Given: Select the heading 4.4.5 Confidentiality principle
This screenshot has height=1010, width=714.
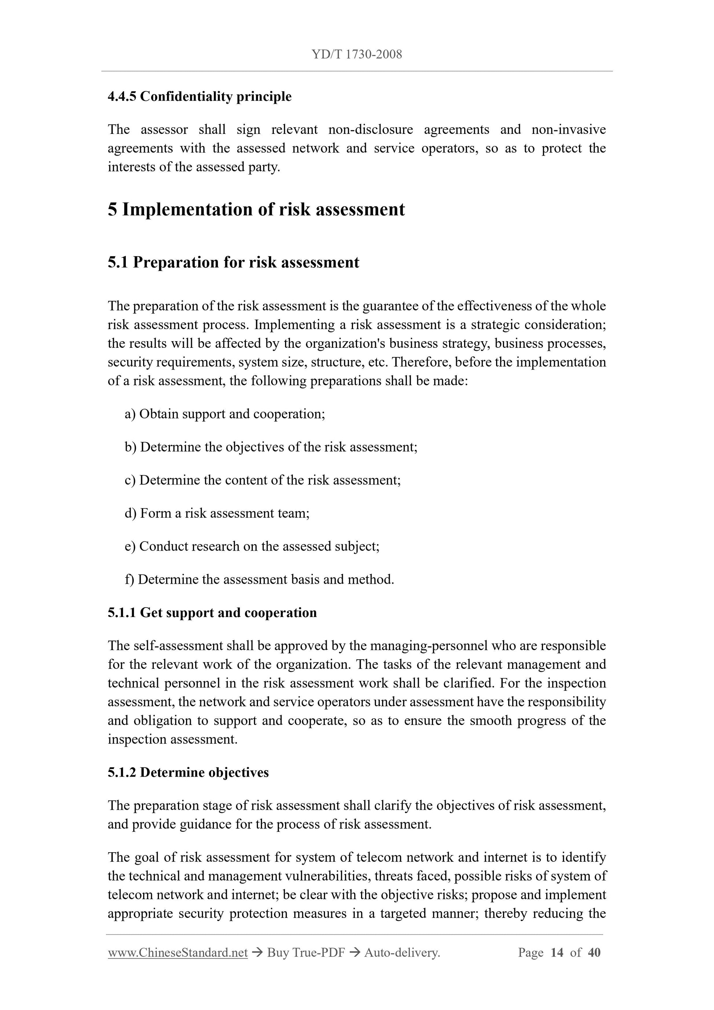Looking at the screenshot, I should (x=199, y=96).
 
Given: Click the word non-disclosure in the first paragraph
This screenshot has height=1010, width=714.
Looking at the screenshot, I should (x=371, y=130).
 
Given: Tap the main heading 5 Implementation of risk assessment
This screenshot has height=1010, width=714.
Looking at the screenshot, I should (x=256, y=209).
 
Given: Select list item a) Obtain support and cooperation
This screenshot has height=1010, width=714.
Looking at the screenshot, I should (x=225, y=414).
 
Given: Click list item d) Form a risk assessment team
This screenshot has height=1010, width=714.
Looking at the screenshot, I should (x=217, y=513).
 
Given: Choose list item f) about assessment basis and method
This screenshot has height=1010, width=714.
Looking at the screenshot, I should (x=259, y=579).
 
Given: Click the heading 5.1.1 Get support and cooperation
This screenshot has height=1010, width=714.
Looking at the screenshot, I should (x=212, y=613).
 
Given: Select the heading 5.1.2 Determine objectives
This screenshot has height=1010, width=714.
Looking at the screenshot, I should (x=188, y=773).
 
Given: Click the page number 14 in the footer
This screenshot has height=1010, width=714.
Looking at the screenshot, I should (x=557, y=952).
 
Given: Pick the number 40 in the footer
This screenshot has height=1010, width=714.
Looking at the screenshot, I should (x=594, y=952).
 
